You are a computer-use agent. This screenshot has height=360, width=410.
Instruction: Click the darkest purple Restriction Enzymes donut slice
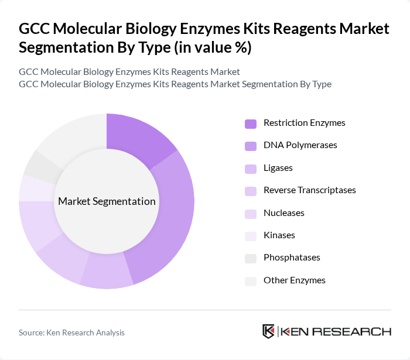(138, 138)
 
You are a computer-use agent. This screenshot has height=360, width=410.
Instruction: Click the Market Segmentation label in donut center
(107, 201)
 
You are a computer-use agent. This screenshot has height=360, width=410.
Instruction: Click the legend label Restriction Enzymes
(304, 123)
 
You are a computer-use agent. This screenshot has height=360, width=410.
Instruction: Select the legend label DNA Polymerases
(300, 145)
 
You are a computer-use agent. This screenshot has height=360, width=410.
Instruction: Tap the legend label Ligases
(278, 168)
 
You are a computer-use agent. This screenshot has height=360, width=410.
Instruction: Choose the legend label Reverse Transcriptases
(309, 190)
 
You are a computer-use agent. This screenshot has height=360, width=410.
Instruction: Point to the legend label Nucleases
(283, 213)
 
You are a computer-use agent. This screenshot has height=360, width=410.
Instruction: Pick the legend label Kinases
(279, 235)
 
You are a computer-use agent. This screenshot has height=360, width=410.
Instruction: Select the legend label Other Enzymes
(294, 280)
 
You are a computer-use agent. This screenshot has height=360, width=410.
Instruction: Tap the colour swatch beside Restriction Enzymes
(250, 124)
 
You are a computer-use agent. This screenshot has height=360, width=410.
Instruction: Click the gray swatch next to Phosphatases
(250, 258)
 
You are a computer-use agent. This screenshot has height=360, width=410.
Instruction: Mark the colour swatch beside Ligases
(250, 169)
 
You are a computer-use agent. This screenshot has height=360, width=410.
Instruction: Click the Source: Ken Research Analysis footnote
(71, 332)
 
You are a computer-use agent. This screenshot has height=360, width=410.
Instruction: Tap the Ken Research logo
(326, 331)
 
